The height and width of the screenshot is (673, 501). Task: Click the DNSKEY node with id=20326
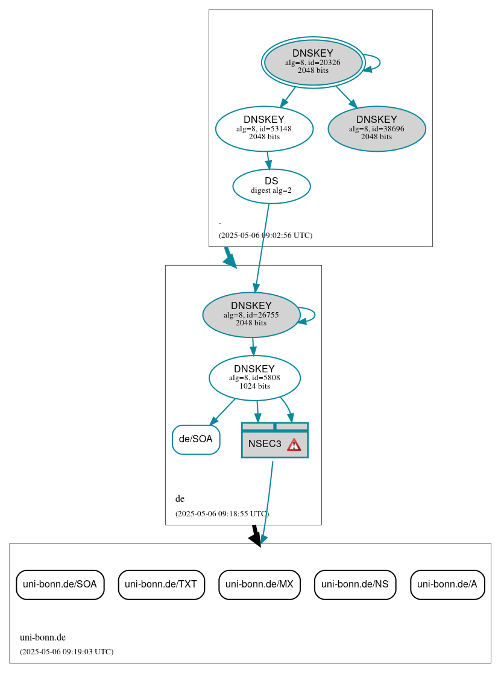click(313, 62)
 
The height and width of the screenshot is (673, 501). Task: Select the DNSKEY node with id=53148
click(264, 128)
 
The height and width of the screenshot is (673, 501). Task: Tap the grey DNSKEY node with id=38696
click(377, 128)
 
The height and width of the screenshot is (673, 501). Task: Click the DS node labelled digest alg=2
click(271, 186)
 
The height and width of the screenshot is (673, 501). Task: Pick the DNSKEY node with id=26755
click(251, 315)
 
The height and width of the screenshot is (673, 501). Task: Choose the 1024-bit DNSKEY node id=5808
click(254, 378)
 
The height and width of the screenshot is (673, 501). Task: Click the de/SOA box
click(196, 439)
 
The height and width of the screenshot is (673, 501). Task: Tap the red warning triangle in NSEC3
click(294, 445)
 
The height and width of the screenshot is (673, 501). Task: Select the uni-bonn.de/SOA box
click(60, 584)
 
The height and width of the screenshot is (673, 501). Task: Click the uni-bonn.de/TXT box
click(161, 584)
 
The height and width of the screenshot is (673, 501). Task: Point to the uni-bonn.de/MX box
click(259, 584)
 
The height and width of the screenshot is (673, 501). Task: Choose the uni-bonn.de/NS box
click(355, 584)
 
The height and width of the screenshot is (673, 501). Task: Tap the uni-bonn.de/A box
click(447, 584)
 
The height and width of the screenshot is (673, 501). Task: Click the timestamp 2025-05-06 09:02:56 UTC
click(265, 236)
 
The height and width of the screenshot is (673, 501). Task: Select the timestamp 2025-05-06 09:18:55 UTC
click(222, 514)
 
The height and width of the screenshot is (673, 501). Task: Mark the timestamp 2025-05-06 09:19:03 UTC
click(66, 652)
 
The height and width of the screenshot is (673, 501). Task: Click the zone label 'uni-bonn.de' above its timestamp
click(43, 637)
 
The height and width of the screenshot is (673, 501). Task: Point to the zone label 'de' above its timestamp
click(180, 499)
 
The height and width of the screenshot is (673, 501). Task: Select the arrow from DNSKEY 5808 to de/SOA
click(222, 411)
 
